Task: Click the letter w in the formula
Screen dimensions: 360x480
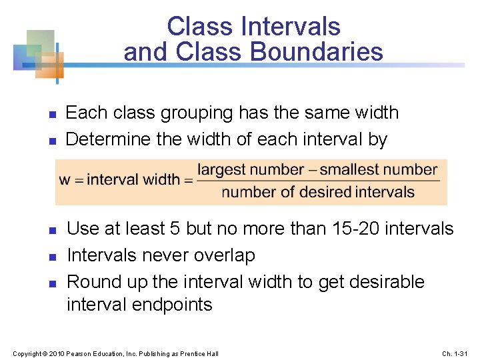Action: tap(65, 179)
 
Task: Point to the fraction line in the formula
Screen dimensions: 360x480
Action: tap(319, 181)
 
